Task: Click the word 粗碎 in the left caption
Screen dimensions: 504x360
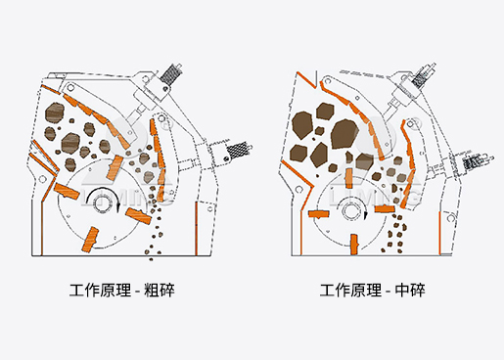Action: pos(160,290)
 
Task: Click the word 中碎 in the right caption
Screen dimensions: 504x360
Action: pos(410,290)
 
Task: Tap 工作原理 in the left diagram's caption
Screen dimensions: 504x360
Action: pos(100,290)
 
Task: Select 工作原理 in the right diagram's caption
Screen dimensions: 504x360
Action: pos(350,290)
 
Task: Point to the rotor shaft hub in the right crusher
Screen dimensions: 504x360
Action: pos(350,209)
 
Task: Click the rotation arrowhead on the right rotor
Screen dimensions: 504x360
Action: pos(366,215)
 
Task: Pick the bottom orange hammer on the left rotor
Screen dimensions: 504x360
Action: pos(90,240)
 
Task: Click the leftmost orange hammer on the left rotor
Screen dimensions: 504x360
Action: pos(67,191)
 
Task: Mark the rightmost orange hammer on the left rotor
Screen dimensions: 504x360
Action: pos(138,216)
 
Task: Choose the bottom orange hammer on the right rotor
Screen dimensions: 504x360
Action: pos(354,244)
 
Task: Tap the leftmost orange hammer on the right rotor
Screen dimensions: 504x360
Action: pos(318,214)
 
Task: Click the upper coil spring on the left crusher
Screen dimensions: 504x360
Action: pos(170,73)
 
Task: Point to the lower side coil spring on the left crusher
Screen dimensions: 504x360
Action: pos(239,150)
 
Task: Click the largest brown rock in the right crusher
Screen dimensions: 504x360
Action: pos(344,134)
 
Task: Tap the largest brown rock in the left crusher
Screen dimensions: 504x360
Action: pos(54,112)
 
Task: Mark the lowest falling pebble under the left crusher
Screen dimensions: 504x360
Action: pos(151,259)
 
